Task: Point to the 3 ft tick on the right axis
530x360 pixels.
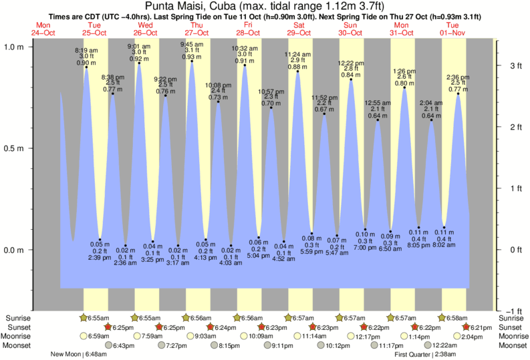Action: coord(509,66)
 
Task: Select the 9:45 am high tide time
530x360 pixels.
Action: coord(192,44)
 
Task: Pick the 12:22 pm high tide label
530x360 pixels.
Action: coord(351,63)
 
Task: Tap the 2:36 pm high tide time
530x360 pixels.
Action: coord(458,76)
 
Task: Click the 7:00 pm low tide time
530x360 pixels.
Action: coord(365,247)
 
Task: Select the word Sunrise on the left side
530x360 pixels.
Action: coord(17,317)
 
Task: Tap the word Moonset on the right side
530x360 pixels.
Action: coord(512,346)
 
